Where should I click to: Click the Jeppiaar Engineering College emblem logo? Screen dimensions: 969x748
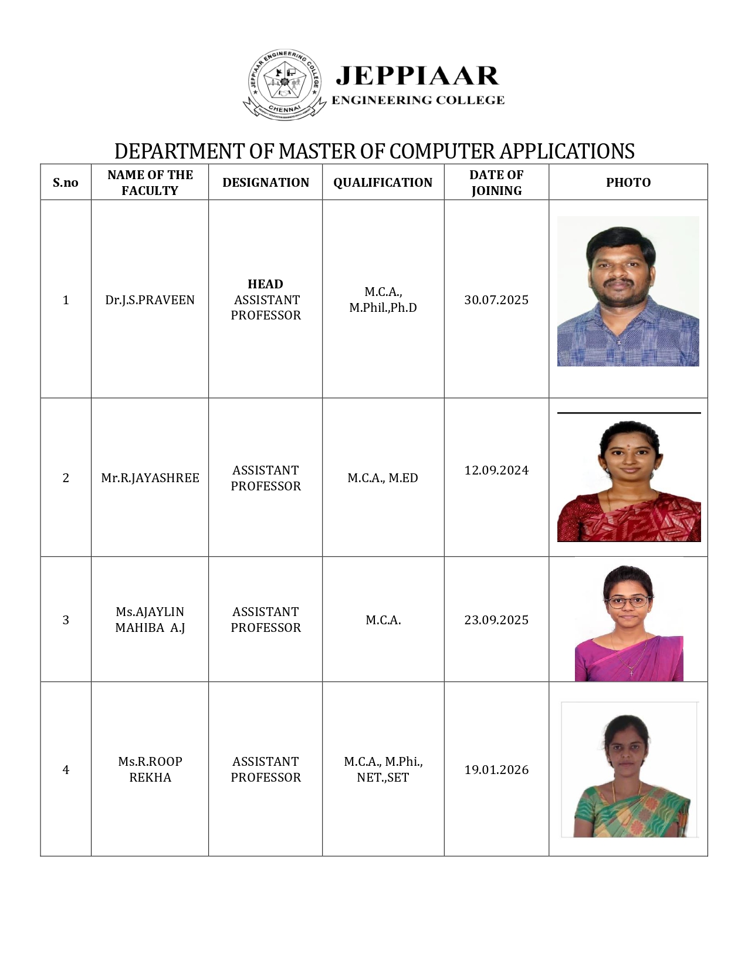click(x=285, y=85)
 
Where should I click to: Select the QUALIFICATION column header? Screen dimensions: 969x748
click(x=383, y=183)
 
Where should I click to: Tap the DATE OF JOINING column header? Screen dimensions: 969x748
click(x=496, y=183)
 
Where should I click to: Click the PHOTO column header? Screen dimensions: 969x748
click(x=628, y=183)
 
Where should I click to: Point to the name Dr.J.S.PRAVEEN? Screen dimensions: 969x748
click(x=150, y=300)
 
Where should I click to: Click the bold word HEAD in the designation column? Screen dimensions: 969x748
click(x=265, y=284)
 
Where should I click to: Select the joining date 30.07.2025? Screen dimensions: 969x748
click(x=496, y=300)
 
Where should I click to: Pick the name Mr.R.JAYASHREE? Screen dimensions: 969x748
click(x=150, y=478)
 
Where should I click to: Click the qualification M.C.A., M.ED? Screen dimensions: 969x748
click(x=383, y=478)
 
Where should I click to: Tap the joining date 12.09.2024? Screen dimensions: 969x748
click(x=496, y=470)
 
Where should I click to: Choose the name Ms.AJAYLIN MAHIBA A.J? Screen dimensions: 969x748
click(x=150, y=620)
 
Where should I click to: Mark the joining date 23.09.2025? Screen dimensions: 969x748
click(x=496, y=620)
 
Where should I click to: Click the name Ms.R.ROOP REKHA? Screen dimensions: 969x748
click(x=150, y=769)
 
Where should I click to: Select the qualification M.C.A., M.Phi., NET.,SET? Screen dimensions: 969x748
click(x=383, y=769)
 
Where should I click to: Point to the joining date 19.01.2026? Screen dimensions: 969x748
click(x=496, y=770)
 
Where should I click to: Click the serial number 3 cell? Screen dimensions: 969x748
click(x=66, y=620)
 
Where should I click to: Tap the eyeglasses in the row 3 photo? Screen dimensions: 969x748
click(x=628, y=601)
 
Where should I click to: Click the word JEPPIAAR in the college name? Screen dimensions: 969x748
click(x=417, y=76)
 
